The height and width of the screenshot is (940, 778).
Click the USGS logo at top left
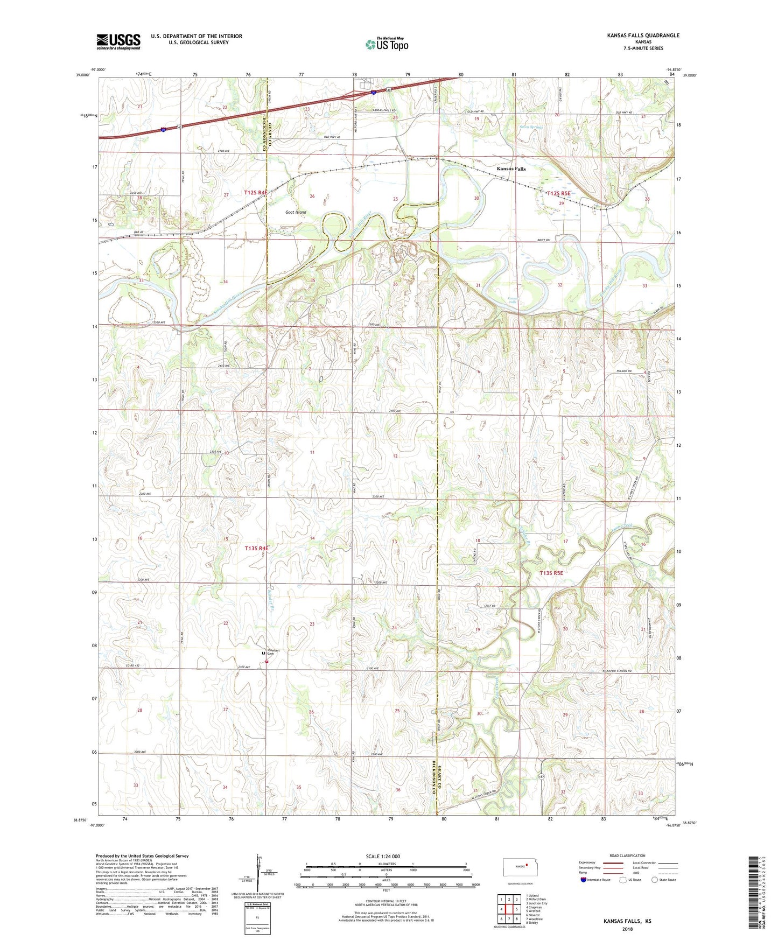tap(118, 41)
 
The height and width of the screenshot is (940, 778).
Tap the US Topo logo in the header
tap(386, 44)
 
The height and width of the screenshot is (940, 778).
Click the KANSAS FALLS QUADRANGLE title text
tap(643, 36)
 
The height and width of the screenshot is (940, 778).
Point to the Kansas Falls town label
tap(510, 169)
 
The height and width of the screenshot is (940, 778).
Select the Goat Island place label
tap(296, 212)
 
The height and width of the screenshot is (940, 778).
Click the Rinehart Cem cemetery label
tap(274, 652)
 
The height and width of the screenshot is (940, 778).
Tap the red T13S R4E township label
tap(256, 548)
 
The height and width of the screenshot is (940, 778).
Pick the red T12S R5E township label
tap(558, 193)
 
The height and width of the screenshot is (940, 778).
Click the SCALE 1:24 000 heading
tap(383, 856)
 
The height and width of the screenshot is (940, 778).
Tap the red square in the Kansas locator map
tap(528, 866)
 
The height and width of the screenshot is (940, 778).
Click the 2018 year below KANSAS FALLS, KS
tap(627, 929)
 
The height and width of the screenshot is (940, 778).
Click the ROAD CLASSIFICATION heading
tap(627, 855)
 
